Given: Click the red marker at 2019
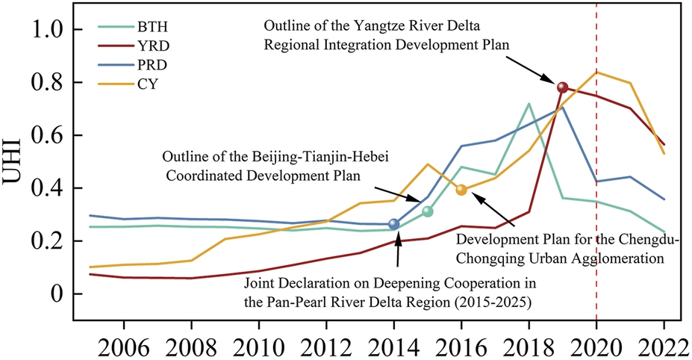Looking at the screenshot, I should (563, 87).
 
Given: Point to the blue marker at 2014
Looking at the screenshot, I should (394, 224).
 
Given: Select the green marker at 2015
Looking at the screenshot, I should (428, 211).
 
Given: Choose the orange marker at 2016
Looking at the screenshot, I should (461, 190).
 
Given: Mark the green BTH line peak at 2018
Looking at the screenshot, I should (529, 103).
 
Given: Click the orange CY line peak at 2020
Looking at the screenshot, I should (596, 72).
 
